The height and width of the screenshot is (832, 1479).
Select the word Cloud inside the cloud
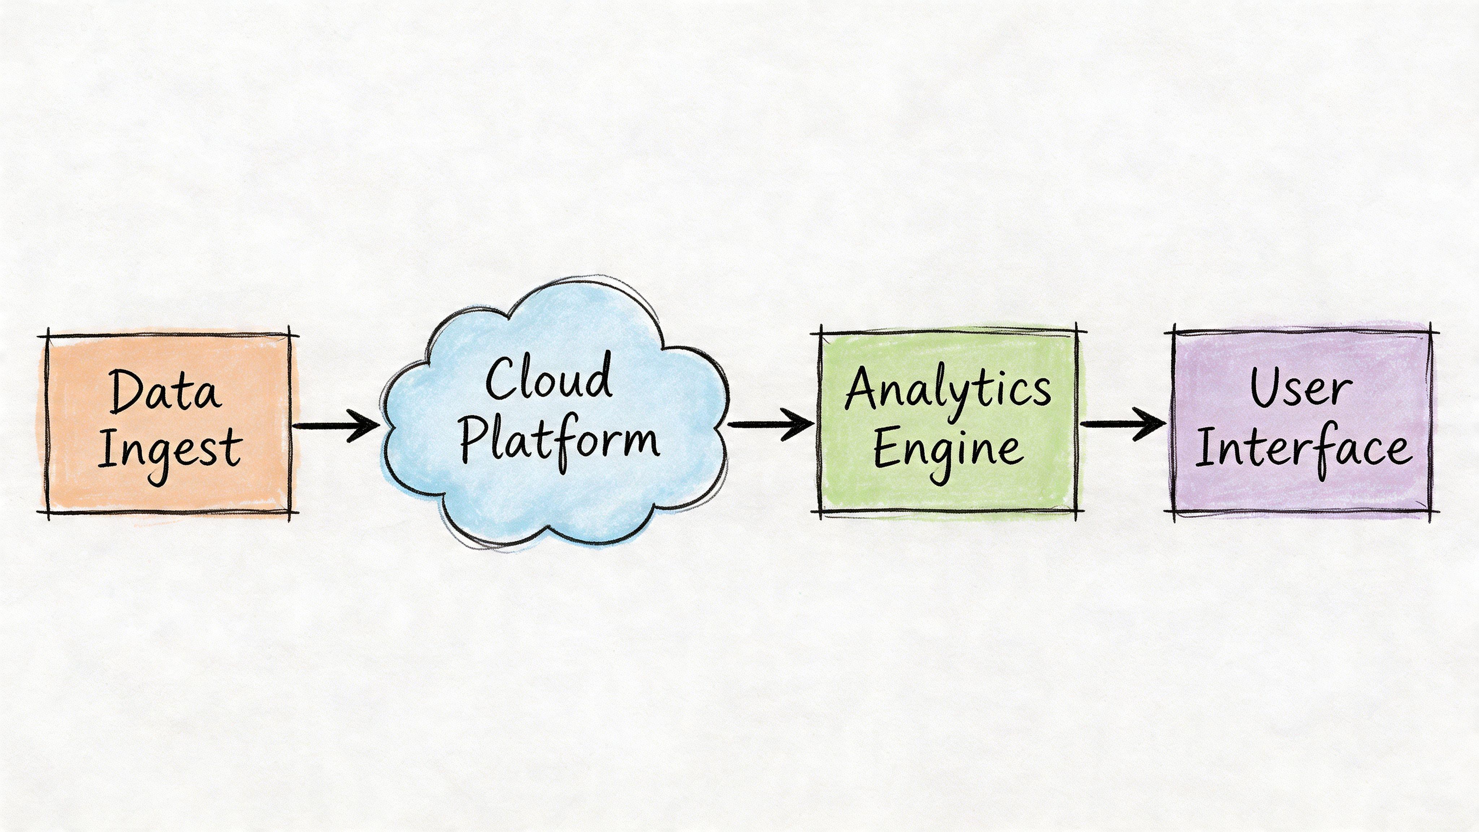tap(548, 379)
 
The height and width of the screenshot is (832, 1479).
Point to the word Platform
tap(560, 442)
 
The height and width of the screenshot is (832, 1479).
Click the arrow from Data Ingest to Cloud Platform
tap(336, 425)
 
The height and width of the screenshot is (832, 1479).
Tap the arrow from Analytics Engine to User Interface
tap(1123, 424)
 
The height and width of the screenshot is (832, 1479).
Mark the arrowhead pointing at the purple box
tap(1152, 424)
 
